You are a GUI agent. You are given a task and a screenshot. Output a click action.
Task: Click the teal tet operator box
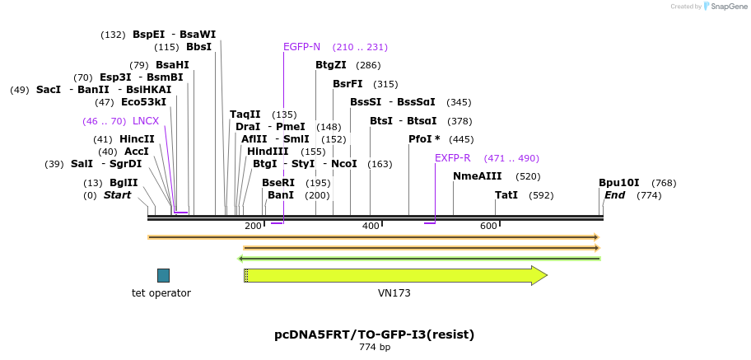(x=163, y=275)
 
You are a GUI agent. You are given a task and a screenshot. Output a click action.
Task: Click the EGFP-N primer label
(x=301, y=47)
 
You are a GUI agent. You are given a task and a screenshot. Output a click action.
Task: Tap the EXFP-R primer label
(x=452, y=158)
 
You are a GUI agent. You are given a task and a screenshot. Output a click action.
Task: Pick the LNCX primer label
(x=146, y=121)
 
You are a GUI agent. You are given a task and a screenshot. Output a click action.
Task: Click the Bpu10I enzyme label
(x=618, y=183)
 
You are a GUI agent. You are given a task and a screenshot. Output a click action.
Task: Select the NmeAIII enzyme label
(x=477, y=176)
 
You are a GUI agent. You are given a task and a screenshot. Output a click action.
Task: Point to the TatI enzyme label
(x=506, y=195)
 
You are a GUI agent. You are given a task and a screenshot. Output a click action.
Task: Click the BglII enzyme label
(x=123, y=183)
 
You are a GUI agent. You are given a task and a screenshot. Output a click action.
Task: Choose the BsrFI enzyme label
(x=348, y=84)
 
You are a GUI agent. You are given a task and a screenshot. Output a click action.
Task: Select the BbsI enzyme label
(x=198, y=47)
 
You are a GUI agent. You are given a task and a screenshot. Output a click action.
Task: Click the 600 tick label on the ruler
(x=488, y=226)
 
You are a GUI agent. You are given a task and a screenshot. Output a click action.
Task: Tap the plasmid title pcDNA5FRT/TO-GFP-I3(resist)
(x=374, y=334)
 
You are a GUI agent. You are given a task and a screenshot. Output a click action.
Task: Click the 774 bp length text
(x=374, y=348)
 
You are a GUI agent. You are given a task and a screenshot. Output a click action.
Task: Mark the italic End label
(x=614, y=195)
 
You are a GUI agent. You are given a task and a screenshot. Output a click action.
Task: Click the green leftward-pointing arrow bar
(x=420, y=259)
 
